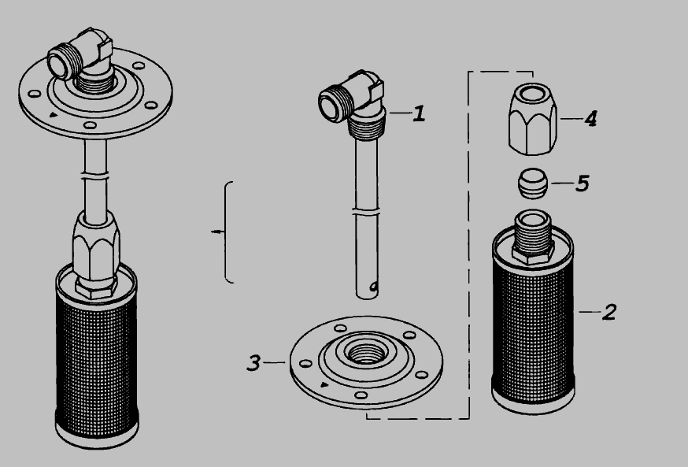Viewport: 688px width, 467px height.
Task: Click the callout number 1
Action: pos(420,113)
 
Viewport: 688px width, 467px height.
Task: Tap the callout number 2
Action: pos(609,312)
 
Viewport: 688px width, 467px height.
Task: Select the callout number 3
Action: pos(254,363)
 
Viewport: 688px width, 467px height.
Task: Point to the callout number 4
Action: pos(590,118)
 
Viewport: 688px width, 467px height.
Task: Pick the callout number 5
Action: pos(583,183)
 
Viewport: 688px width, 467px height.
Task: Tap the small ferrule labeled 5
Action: pos(533,183)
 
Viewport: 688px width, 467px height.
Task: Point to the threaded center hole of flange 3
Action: pos(366,352)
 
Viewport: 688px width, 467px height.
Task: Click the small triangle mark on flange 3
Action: pos(324,385)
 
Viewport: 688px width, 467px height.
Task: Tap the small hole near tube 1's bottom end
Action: pos(374,287)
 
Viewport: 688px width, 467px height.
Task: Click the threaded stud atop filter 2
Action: pos(533,236)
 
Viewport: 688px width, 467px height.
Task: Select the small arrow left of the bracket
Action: pos(217,232)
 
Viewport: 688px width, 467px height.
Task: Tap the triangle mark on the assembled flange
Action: pos(53,115)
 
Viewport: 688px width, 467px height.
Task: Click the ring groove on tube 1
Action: pos(366,213)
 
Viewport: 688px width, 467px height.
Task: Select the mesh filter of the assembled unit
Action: pos(97,355)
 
